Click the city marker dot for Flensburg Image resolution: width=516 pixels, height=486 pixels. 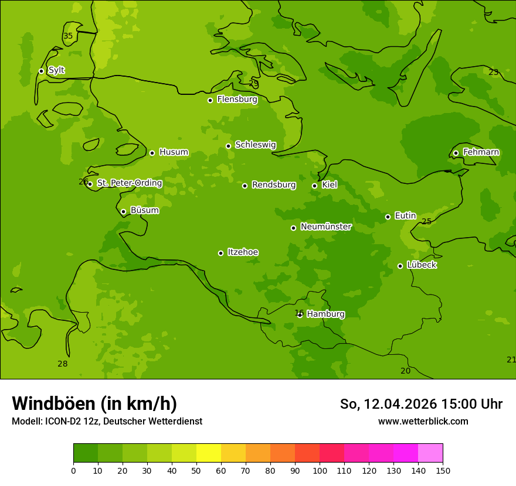point(210,100)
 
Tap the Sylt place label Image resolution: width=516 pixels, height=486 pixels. point(56,70)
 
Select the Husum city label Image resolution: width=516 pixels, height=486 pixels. point(174,152)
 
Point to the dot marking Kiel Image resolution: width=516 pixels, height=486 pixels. point(314,186)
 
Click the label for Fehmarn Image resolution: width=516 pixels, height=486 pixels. point(481,152)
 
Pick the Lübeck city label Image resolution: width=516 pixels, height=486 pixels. point(421,265)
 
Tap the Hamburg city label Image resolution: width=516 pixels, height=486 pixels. point(325,314)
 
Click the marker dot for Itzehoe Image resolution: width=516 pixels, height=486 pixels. point(220,253)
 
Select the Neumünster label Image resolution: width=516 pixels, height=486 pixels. point(325,227)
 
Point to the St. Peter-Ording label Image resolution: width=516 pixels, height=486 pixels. point(129,183)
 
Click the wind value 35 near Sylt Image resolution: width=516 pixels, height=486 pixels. point(68,36)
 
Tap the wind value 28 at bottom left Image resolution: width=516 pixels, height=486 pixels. point(63,364)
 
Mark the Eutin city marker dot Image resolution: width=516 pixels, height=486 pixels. point(388,217)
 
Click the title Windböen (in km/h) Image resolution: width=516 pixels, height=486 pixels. point(94,403)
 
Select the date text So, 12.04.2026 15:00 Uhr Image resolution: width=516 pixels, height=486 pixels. point(421,404)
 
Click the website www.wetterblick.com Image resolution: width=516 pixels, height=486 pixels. point(423,421)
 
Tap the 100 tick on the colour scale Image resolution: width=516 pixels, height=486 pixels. point(320,471)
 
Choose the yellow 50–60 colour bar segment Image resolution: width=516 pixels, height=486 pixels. point(209,453)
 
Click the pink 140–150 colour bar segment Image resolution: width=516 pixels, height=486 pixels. point(430,453)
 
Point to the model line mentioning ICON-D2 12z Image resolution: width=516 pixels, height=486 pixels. point(107,422)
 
